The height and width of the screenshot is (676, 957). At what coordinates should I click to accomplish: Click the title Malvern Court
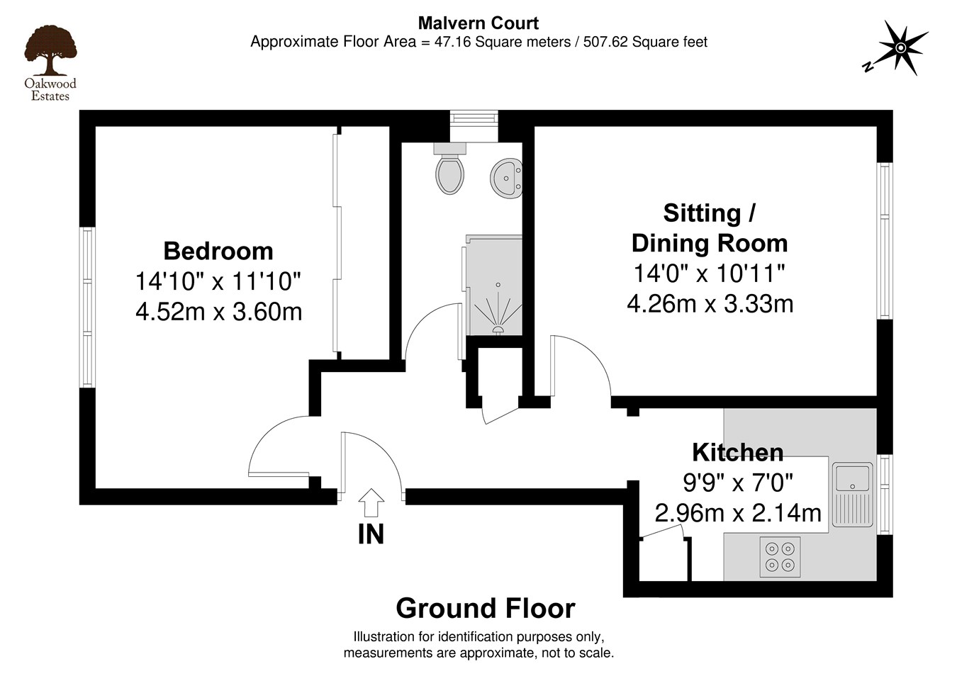pyautogui.click(x=478, y=23)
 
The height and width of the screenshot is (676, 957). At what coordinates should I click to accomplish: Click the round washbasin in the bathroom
pyautogui.click(x=506, y=177)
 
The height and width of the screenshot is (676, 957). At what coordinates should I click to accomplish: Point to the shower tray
pyautogui.click(x=494, y=286)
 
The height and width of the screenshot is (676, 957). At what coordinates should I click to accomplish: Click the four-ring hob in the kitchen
pyautogui.click(x=780, y=556)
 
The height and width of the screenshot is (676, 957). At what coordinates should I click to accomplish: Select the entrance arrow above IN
pyautogui.click(x=371, y=502)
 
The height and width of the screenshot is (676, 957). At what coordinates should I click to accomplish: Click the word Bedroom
pyautogui.click(x=218, y=251)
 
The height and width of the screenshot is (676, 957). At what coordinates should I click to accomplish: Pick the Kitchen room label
pyautogui.click(x=737, y=452)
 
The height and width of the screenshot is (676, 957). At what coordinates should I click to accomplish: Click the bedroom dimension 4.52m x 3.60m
pyautogui.click(x=218, y=312)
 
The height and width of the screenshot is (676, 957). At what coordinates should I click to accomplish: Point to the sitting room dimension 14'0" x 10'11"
pyautogui.click(x=710, y=273)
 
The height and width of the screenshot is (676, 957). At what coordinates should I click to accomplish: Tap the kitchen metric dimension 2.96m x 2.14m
pyautogui.click(x=737, y=512)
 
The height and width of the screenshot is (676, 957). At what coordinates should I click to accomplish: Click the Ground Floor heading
pyautogui.click(x=485, y=609)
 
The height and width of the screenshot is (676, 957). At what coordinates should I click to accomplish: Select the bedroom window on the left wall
pyautogui.click(x=87, y=307)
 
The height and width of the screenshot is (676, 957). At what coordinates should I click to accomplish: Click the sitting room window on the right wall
pyautogui.click(x=884, y=241)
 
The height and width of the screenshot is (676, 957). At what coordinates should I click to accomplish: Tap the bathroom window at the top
pyautogui.click(x=474, y=118)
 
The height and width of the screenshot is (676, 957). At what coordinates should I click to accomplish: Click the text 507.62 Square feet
pyautogui.click(x=645, y=42)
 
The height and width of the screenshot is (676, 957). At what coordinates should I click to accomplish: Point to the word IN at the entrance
pyautogui.click(x=371, y=534)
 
